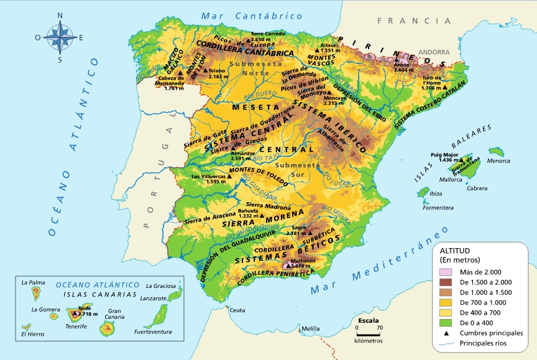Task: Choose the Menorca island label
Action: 499,161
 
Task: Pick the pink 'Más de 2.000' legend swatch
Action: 446,272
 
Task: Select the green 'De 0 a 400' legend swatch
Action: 446,323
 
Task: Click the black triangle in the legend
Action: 446,333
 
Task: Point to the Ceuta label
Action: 237,310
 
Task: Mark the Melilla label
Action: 310,328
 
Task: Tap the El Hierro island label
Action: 32,334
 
